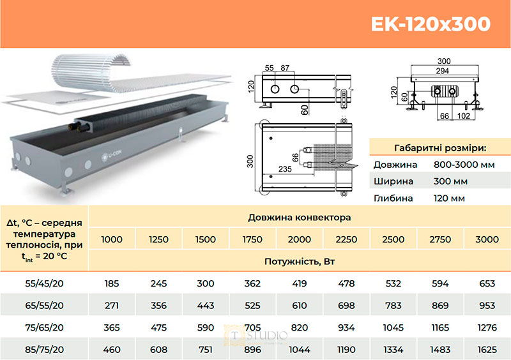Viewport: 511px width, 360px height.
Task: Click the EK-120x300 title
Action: point(431,24)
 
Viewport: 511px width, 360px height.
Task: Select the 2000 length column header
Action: point(299,239)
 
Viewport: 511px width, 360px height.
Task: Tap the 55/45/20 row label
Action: point(44,283)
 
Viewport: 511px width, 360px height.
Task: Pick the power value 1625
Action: point(487,350)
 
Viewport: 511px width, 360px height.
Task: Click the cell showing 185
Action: point(111,283)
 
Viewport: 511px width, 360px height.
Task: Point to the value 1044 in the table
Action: point(299,350)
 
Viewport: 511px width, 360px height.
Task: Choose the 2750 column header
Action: point(440,239)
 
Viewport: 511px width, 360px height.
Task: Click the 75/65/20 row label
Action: point(44,327)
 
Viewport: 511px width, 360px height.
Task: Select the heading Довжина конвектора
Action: point(299,217)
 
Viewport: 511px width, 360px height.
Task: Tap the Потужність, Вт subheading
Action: point(299,262)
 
